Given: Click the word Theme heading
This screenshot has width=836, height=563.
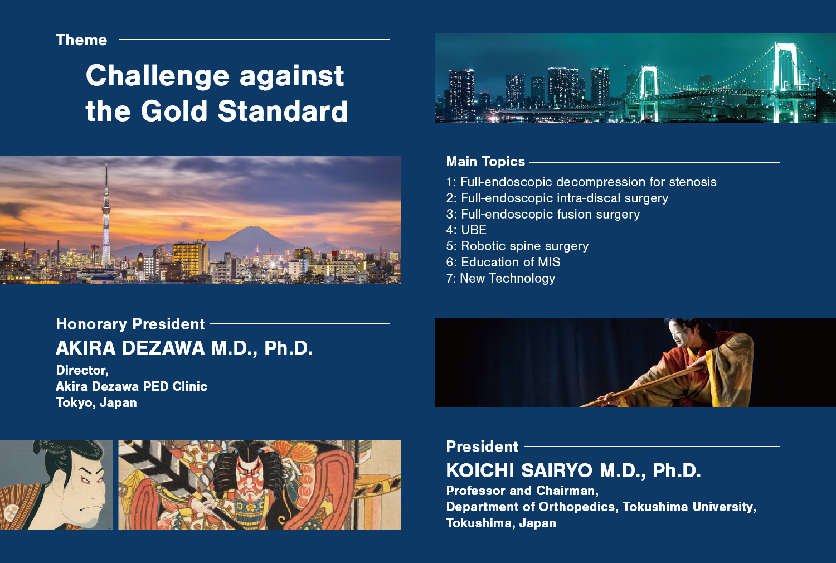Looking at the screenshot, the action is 81,40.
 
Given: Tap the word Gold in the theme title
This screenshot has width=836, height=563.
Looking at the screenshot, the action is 174,111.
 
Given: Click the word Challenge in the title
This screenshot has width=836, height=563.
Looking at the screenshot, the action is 157,76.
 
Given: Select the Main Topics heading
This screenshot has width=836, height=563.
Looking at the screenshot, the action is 485,162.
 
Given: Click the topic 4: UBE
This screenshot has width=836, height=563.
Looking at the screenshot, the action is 466,230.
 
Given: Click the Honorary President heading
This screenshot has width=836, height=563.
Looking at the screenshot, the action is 130,324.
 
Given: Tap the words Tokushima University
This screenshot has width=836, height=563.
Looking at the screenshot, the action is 688,507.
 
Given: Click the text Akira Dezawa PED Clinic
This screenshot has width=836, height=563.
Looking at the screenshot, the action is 132,386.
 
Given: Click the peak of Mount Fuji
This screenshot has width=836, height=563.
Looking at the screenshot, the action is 253,227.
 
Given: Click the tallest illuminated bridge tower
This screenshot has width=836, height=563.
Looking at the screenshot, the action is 785,82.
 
